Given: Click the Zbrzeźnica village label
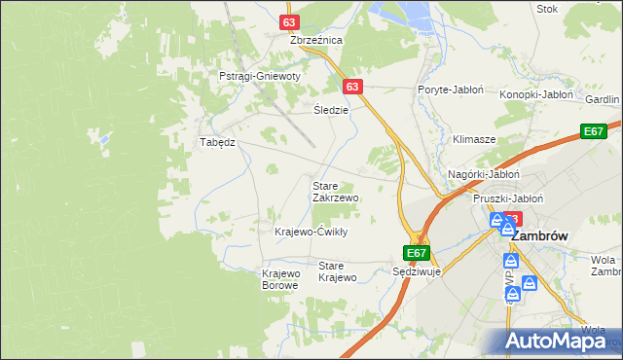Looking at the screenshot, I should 316,40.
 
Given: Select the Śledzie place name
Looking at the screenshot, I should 331,110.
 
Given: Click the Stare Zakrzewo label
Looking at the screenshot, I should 335,191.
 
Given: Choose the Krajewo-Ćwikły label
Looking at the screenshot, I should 311,232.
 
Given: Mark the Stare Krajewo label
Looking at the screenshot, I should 338,271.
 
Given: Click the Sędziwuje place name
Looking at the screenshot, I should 417,272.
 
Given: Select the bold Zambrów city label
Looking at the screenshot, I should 539,236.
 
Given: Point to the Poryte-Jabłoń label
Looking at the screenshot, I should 451,89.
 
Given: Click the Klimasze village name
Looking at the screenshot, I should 474,139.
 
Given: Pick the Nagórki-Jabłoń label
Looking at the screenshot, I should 484,174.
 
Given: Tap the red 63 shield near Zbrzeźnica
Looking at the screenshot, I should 288,21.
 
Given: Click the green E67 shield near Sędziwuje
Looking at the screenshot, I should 417,253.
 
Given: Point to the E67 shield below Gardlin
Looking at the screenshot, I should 593,131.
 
